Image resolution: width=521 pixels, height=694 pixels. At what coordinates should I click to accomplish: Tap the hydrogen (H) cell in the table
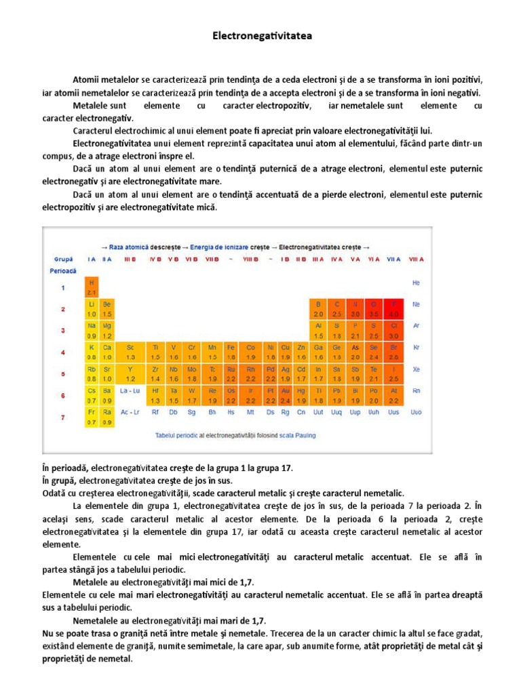point(92,287)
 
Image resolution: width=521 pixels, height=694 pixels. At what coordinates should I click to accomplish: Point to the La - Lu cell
point(130,390)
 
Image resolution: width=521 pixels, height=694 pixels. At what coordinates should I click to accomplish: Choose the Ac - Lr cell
point(130,411)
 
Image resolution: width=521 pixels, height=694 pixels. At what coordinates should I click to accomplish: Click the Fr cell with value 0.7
point(92,416)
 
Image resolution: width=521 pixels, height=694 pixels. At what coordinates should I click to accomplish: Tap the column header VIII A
point(416,259)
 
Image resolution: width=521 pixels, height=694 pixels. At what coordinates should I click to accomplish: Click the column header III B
point(130,259)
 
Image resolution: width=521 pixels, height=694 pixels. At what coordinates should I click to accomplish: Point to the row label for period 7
point(63,417)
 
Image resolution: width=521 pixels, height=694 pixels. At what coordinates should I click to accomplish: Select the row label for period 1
point(63,287)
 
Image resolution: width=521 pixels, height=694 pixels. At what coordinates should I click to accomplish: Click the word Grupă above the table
point(63,259)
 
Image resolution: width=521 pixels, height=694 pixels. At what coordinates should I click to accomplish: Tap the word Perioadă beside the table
point(62,270)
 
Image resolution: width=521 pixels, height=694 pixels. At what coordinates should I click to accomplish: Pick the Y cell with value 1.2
point(130,373)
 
